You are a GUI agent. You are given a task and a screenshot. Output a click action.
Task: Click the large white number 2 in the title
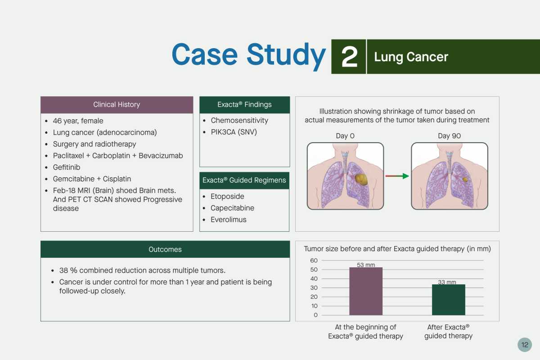349,57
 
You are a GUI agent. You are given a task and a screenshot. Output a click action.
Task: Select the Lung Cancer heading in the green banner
411,57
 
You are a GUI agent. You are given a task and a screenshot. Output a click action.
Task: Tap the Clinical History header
117,105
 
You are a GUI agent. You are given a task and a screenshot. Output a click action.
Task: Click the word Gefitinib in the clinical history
67,167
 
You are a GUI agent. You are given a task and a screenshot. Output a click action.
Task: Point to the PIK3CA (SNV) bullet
234,132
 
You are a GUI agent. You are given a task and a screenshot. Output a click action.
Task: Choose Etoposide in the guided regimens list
227,196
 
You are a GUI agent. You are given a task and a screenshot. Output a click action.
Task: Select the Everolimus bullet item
228,220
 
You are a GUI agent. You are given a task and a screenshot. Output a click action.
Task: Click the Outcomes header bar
165,249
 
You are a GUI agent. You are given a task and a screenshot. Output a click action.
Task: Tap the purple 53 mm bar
366,291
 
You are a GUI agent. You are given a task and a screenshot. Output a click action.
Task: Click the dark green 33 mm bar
448,300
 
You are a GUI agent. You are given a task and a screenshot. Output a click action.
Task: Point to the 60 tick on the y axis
314,261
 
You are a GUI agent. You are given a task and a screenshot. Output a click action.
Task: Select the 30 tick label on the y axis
314,288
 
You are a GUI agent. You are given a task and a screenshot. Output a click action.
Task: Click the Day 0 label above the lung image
345,136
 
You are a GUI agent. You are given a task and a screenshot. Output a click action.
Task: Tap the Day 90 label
449,136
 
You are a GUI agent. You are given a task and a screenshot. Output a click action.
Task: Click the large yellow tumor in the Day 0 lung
361,180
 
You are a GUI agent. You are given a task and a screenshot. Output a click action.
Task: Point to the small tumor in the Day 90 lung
465,180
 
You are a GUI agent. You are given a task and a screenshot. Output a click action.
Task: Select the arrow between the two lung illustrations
397,176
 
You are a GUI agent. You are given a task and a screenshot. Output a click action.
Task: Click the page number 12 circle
525,345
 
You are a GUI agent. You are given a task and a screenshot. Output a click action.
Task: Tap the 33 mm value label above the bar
447,282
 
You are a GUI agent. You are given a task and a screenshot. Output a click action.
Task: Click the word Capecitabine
232,208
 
